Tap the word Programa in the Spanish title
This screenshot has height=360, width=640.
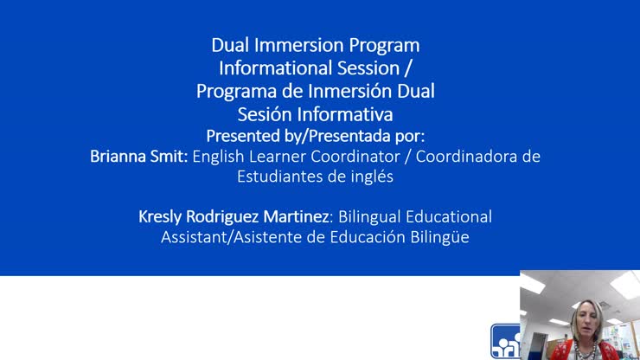point(231,91)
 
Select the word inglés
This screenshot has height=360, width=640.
point(369,177)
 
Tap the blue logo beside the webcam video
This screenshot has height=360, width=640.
point(505,341)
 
